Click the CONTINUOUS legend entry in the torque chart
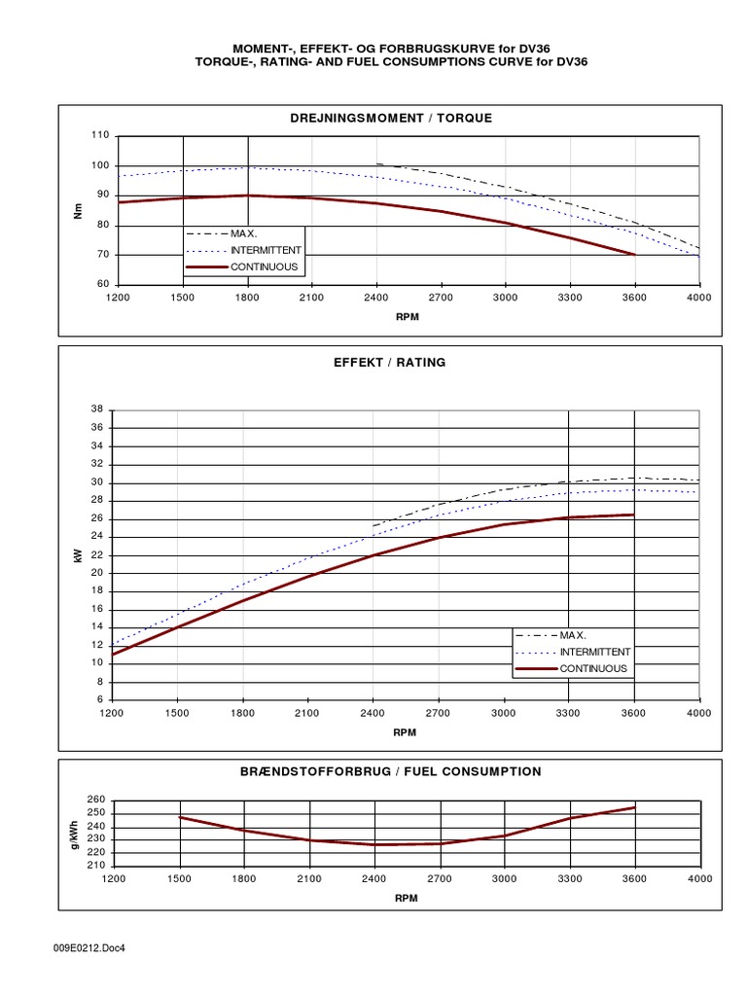[x=264, y=267]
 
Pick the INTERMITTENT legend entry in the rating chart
[x=594, y=652]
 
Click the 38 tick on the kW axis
[x=96, y=409]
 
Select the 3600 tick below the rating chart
[x=634, y=713]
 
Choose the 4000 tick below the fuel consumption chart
[x=698, y=877]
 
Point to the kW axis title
[x=75, y=554]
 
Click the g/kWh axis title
[x=75, y=833]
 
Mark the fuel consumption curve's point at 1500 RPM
[x=180, y=817]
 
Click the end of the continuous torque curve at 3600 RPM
[x=634, y=255]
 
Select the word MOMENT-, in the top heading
[x=263, y=48]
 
